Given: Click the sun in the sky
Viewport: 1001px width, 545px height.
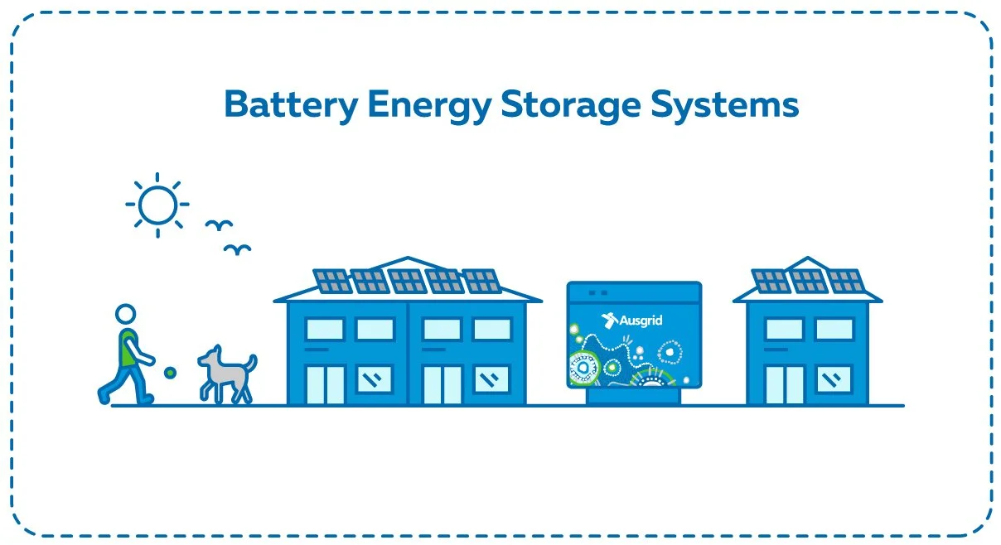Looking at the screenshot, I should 157,204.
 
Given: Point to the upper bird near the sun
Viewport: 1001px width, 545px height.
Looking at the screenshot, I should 219,224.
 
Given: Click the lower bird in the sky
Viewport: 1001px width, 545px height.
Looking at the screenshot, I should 239,248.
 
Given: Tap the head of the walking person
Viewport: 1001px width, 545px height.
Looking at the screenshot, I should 125,315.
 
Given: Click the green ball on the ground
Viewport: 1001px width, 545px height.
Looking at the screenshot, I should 170,373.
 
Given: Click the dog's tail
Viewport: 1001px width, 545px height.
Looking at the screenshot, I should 251,363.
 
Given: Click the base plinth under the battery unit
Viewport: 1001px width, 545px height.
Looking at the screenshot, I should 634,397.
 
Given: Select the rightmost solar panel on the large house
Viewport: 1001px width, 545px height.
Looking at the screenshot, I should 481,282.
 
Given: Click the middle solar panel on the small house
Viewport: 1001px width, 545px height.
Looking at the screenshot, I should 808,281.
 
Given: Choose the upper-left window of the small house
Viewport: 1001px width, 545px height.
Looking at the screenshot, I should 784,330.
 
